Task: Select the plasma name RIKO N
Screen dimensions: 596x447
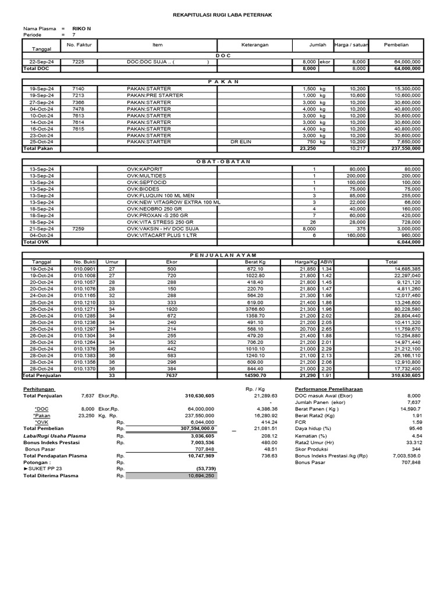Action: (x=81, y=28)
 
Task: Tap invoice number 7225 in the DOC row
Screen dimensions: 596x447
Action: (x=79, y=62)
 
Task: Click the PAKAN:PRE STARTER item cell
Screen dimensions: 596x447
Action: (x=151, y=95)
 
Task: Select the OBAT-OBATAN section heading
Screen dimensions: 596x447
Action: (x=223, y=161)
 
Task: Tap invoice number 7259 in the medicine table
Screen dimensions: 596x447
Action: (x=79, y=229)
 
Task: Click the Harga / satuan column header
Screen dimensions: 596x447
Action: (x=350, y=45)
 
